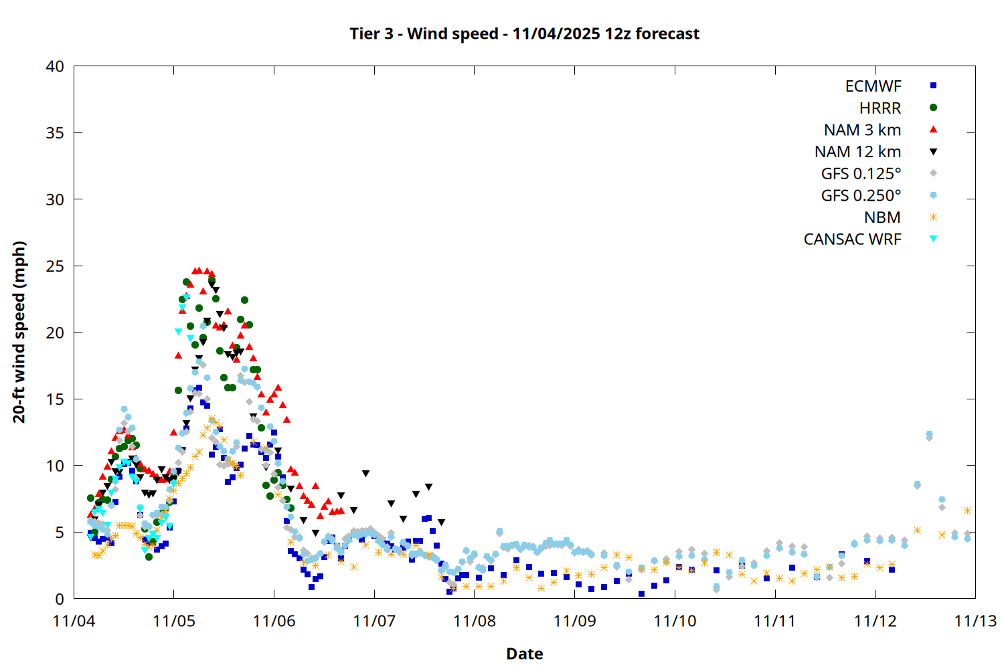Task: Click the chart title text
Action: [x=524, y=33]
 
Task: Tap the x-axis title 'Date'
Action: [x=524, y=654]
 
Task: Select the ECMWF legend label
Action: [x=873, y=86]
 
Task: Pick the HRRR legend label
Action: [x=880, y=108]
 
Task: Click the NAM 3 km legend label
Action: [x=862, y=130]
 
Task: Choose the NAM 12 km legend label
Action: [x=857, y=152]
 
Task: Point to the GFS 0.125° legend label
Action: [x=861, y=174]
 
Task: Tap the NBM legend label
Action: [x=882, y=217]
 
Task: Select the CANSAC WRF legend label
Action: [x=852, y=240]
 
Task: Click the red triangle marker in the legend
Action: [x=933, y=130]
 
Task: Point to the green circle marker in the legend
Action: [x=933, y=108]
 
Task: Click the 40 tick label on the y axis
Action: [x=56, y=66]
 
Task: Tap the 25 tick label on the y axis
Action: [x=56, y=266]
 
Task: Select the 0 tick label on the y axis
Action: [x=60, y=599]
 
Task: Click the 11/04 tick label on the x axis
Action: [x=74, y=621]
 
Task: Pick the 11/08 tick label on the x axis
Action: [x=475, y=621]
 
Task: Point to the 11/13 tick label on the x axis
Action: [x=975, y=621]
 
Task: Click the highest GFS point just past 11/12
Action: [x=929, y=434]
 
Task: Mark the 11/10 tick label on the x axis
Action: [x=675, y=621]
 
